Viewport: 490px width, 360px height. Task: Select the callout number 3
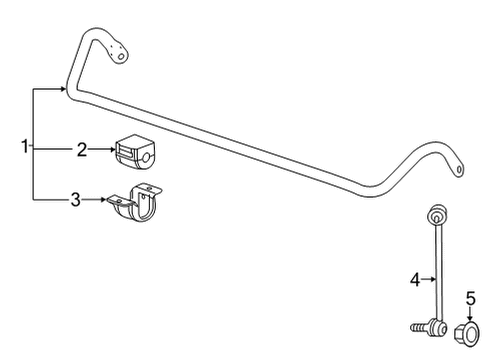74,200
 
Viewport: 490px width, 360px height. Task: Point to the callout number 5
470,296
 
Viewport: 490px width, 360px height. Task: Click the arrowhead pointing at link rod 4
435,282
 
